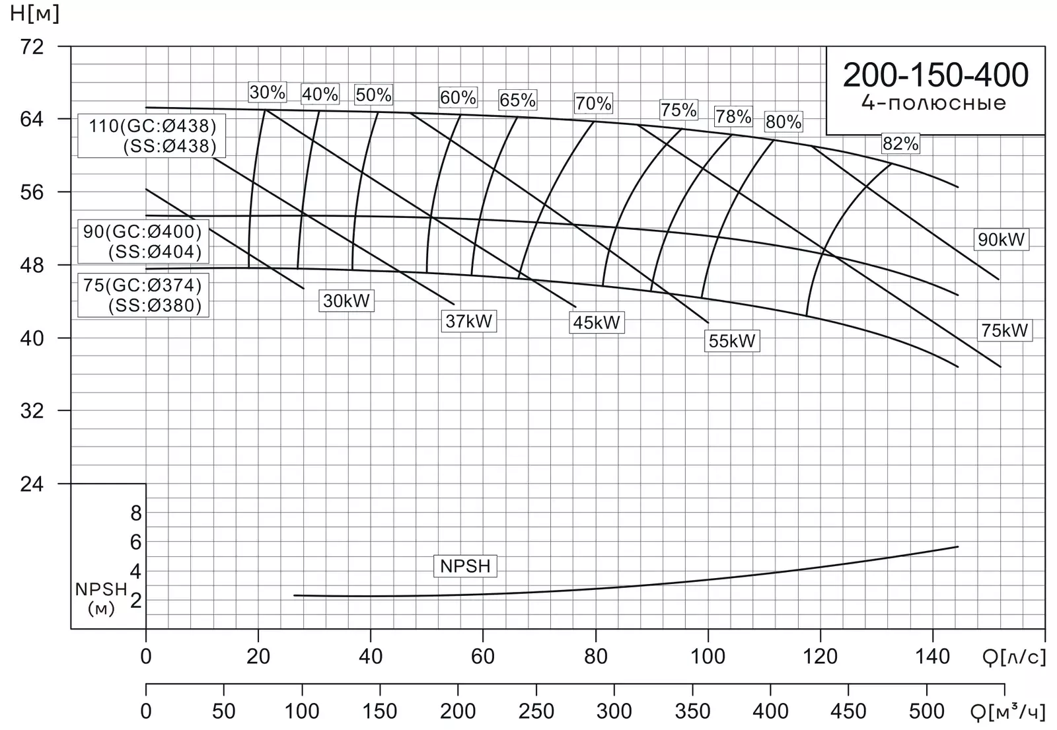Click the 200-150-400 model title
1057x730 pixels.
tap(935, 75)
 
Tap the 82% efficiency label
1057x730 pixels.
tap(901, 143)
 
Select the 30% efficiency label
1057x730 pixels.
tap(268, 92)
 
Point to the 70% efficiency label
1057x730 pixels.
tap(593, 103)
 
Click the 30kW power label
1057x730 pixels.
tap(346, 301)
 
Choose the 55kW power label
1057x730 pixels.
tap(732, 341)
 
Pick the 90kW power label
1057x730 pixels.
tap(1001, 240)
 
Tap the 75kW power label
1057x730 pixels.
tap(1005, 330)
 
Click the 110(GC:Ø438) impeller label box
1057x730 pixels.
tap(151, 136)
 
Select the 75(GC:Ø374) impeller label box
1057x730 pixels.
tap(143, 295)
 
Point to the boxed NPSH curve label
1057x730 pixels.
tap(465, 566)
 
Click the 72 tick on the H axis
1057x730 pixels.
tap(32, 47)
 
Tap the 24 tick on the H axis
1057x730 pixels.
tap(32, 484)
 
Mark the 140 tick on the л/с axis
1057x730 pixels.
tap(932, 657)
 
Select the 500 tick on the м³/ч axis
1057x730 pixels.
tap(927, 712)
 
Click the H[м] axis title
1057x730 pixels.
tap(34, 13)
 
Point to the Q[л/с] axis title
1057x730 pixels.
tap(1014, 657)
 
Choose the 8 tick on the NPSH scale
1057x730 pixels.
tap(136, 513)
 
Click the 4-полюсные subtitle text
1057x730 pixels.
tap(934, 103)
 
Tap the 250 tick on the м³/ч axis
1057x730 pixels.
tap(536, 712)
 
